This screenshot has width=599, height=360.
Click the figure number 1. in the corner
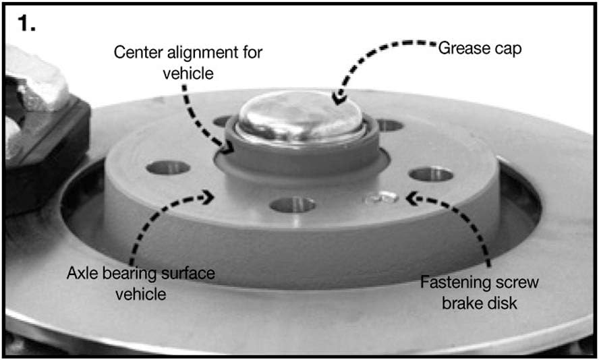(26, 24)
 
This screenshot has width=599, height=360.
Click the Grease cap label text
(480, 49)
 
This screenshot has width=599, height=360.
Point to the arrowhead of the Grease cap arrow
(339, 98)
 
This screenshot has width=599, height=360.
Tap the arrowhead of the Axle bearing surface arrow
(208, 197)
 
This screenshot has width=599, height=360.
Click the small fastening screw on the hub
(382, 198)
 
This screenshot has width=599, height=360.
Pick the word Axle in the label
(82, 273)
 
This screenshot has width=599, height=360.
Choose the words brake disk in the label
(480, 303)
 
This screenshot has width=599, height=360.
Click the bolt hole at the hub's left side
(168, 167)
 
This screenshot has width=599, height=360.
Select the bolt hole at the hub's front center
(293, 205)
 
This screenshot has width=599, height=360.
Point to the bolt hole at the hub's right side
(431, 174)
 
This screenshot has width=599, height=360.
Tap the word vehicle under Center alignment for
(188, 73)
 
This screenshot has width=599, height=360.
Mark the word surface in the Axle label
(188, 273)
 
